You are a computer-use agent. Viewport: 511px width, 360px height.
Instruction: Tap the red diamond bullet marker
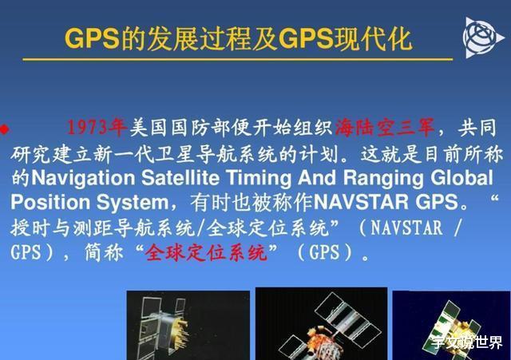pos(4,129)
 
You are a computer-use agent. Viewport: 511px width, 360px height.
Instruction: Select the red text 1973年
pos(97,127)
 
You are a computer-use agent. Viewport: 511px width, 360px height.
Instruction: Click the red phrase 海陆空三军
pos(385,127)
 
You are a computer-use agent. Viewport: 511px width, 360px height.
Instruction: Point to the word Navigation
pos(83,178)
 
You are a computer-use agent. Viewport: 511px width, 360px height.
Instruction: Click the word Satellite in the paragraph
pos(180,178)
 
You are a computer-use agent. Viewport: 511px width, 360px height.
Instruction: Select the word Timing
pos(259,178)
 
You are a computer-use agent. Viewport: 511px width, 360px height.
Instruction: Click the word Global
pos(461,177)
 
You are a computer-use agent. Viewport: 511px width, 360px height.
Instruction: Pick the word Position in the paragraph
pos(50,202)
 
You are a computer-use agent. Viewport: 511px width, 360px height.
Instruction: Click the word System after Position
pos(133,203)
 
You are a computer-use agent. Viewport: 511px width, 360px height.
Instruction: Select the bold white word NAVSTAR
pos(360,202)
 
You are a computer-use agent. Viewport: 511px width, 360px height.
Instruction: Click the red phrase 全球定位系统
pos(206,252)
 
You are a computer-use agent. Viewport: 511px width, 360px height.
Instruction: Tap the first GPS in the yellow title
pos(93,39)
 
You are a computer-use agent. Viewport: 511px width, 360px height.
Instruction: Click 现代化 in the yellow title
pos(374,39)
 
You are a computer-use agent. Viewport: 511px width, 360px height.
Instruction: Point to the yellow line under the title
pos(238,59)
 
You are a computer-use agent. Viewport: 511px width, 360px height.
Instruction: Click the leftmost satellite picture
pos(188,325)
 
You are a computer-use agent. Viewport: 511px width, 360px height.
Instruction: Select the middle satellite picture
pos(321,323)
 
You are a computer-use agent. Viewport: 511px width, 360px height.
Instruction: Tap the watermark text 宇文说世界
pos(467,342)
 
